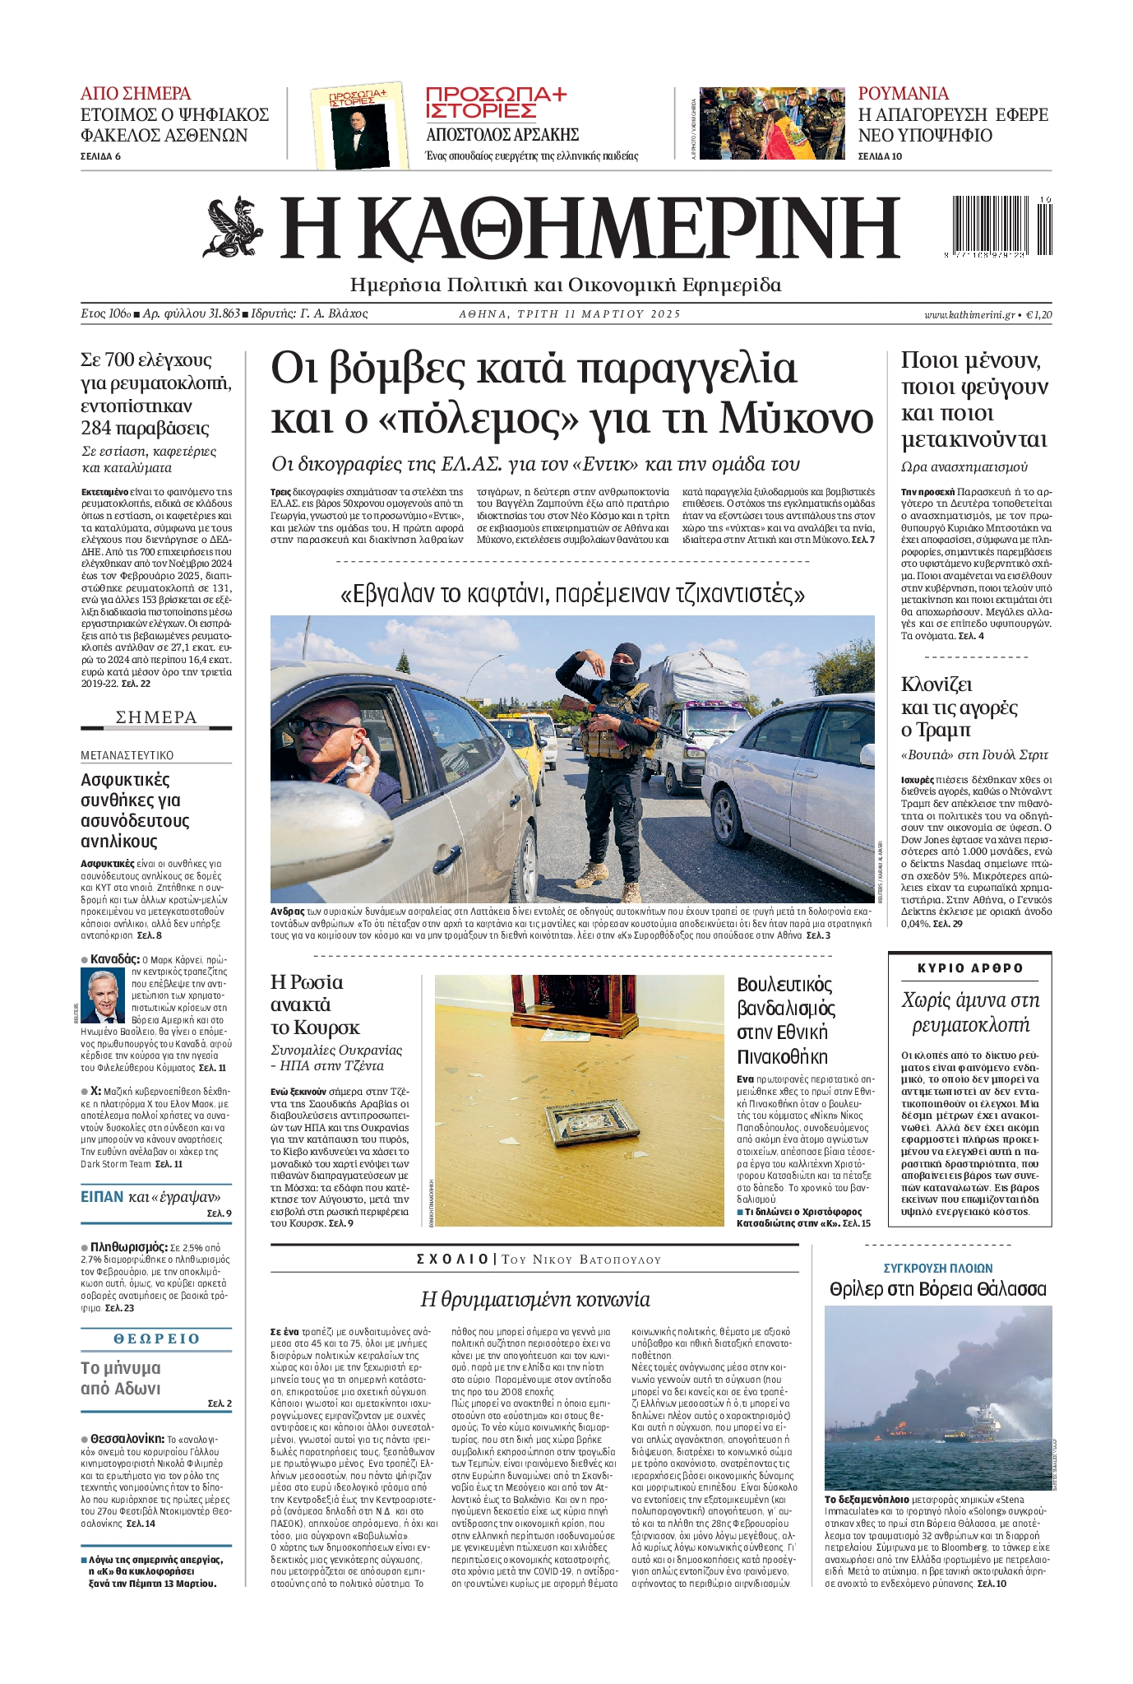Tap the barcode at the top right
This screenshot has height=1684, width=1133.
coord(998,228)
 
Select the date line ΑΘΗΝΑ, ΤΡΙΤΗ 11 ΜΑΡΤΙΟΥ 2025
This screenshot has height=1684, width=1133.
coord(570,314)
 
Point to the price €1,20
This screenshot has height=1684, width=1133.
coord(1039,314)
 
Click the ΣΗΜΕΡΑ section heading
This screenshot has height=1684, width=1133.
coord(156,717)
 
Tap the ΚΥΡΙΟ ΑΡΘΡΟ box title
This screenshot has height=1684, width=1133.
coord(970,968)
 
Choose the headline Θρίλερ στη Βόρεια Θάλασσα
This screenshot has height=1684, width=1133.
coord(937,1288)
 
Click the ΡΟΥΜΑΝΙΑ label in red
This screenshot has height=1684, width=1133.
coord(903,93)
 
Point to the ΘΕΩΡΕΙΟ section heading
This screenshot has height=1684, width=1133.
coord(156,1338)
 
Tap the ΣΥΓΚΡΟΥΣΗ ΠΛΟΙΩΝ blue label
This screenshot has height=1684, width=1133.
coord(937,1268)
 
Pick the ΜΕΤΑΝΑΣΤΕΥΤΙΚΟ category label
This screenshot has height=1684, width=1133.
coord(127,755)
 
